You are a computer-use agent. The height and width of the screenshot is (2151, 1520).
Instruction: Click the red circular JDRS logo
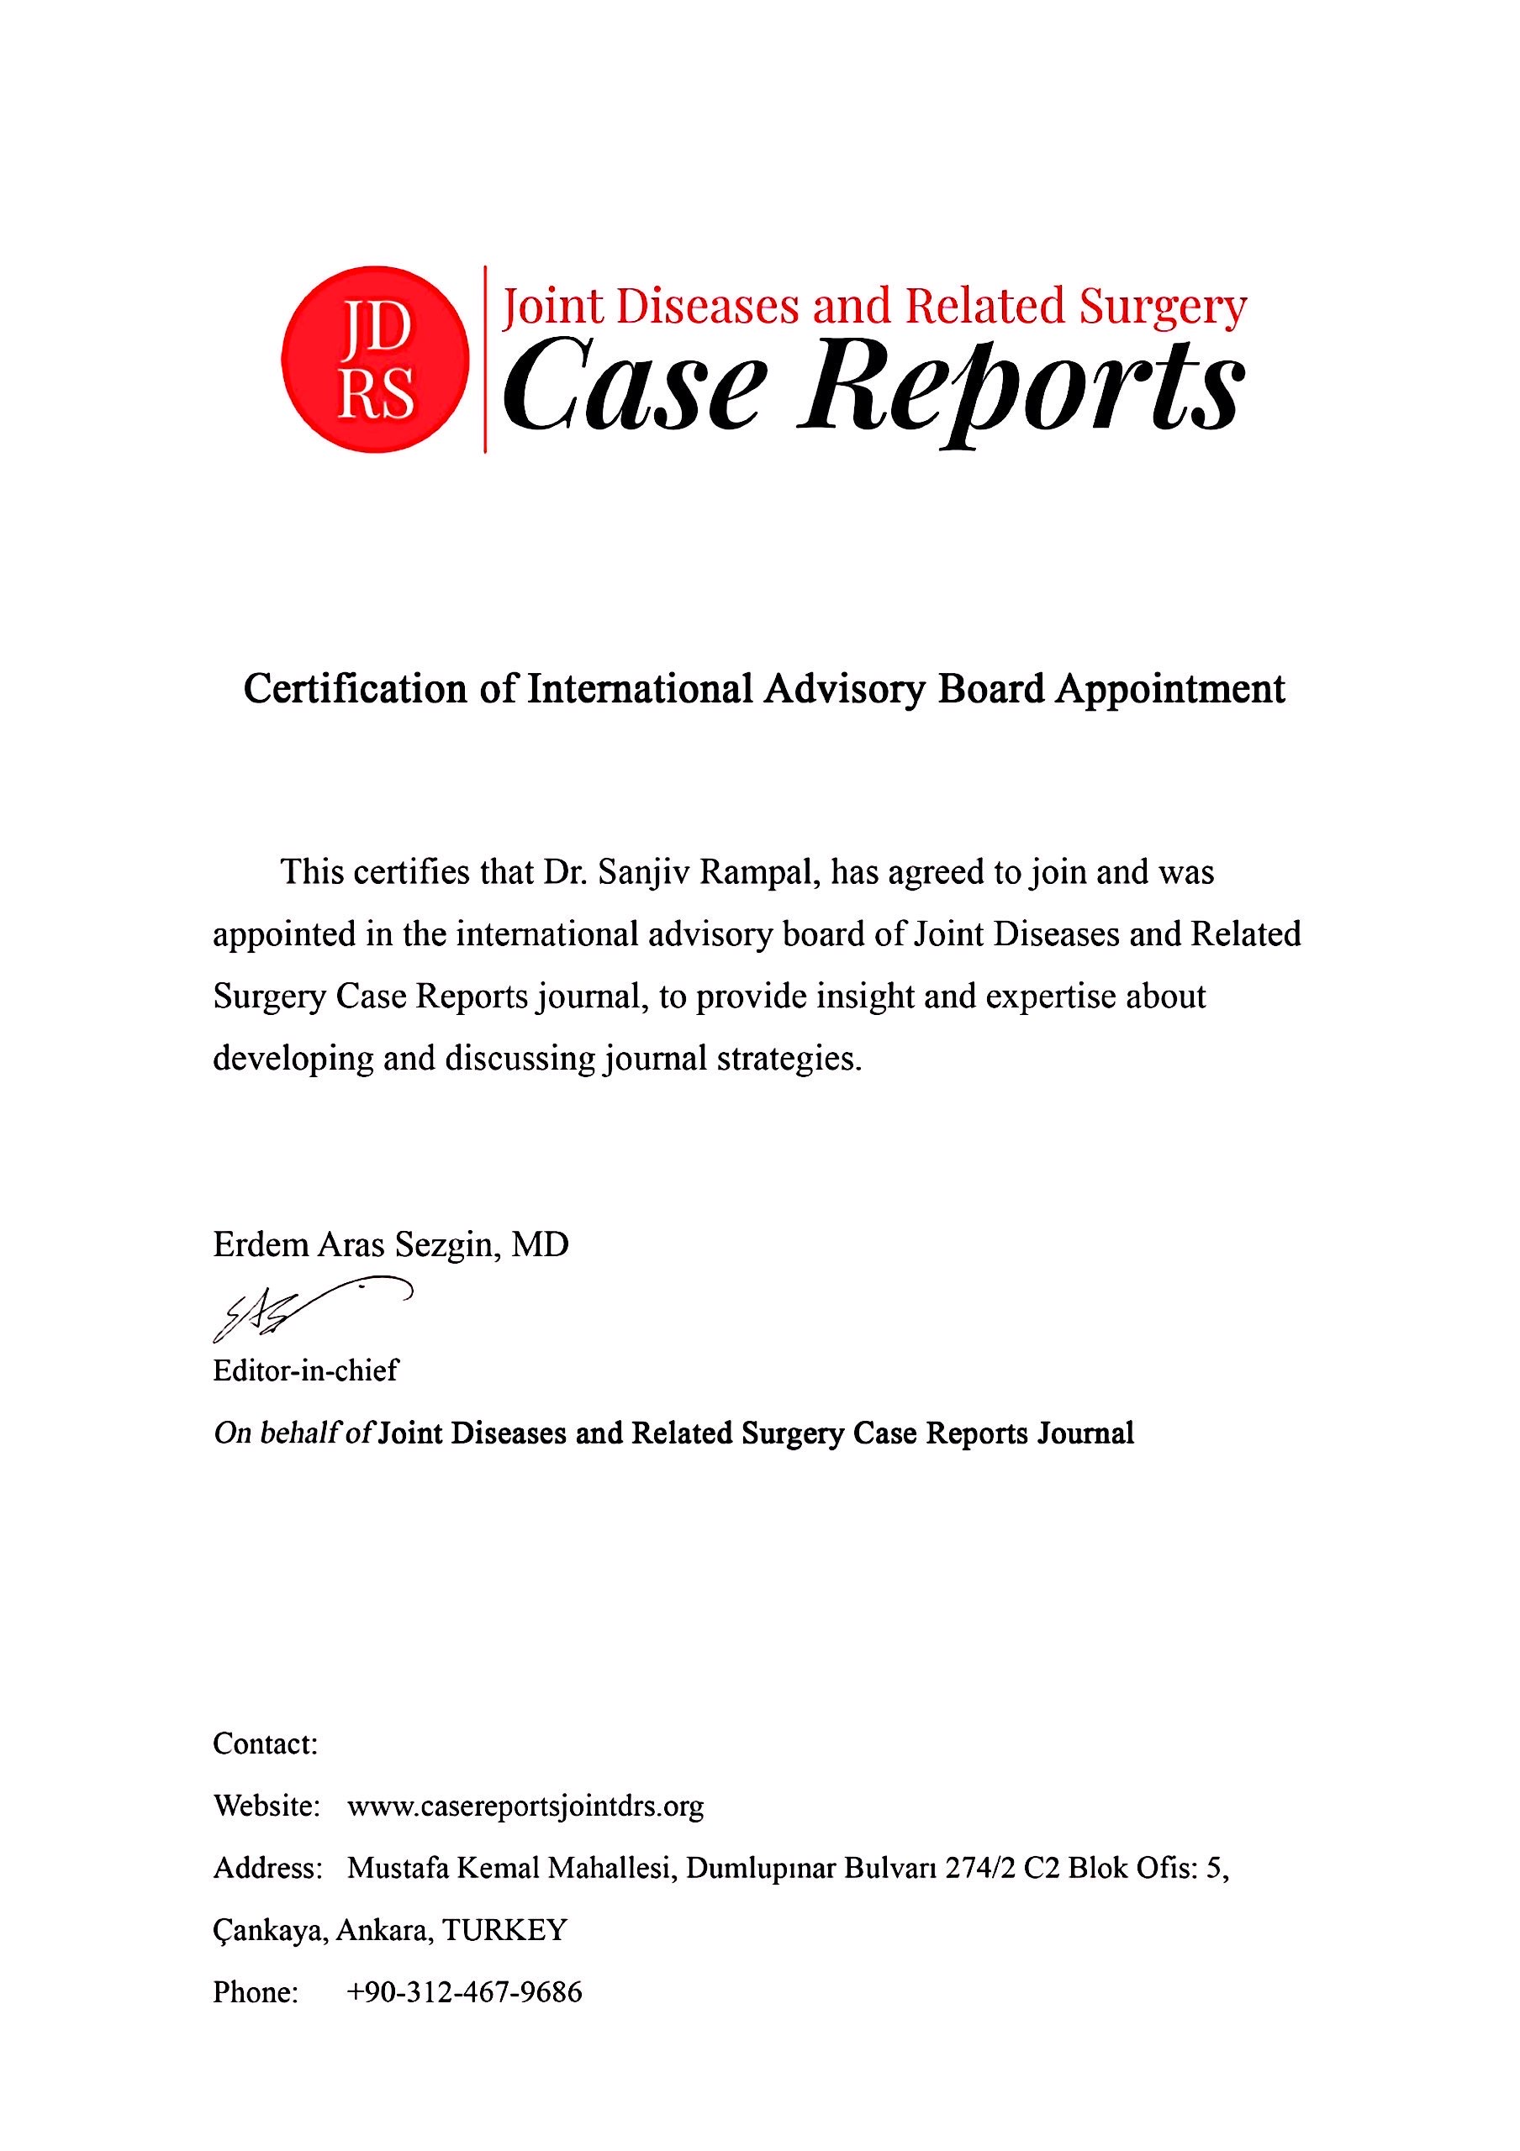[375, 360]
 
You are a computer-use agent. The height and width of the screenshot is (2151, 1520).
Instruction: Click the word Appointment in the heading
[1170, 690]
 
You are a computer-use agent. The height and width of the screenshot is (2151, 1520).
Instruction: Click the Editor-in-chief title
[305, 1370]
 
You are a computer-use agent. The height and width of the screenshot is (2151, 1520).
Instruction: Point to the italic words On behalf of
[294, 1433]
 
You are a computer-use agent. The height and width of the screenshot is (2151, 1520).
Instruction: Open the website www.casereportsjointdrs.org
[525, 1806]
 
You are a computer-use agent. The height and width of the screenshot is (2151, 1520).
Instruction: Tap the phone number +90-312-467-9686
[464, 1991]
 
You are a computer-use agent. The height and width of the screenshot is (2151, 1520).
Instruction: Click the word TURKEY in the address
[505, 1929]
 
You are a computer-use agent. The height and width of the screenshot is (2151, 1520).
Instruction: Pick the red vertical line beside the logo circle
[484, 360]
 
